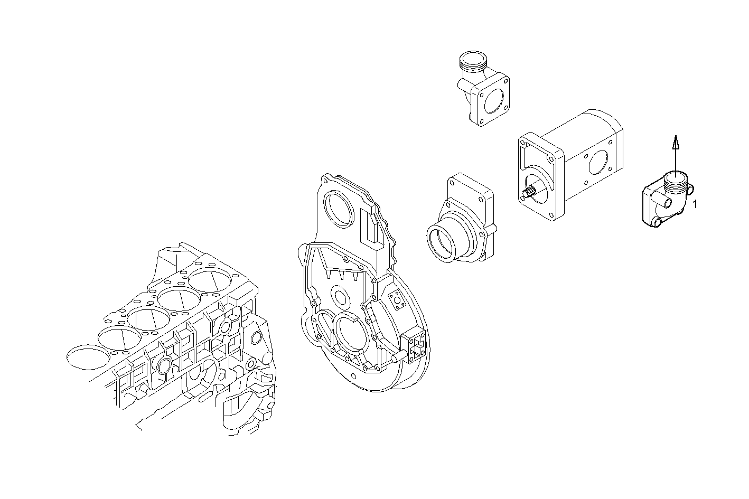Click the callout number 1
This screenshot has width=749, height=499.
coord(695,204)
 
